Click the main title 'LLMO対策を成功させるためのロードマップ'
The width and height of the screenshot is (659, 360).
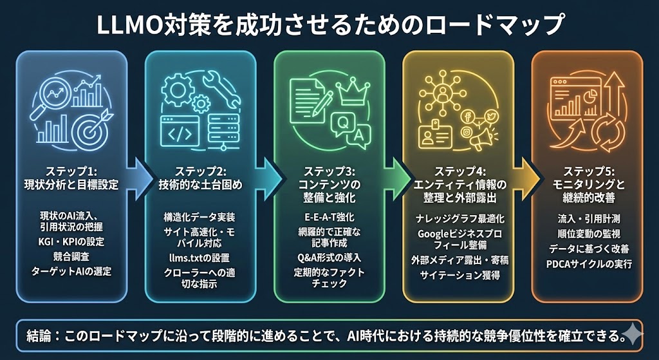pyautogui.click(x=329, y=26)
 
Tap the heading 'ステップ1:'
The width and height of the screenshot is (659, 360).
pyautogui.click(x=71, y=172)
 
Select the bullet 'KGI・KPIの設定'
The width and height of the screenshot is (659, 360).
pyautogui.click(x=71, y=242)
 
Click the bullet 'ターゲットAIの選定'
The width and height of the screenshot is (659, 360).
pyautogui.click(x=71, y=271)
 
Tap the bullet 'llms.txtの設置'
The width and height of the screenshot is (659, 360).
pyautogui.click(x=200, y=257)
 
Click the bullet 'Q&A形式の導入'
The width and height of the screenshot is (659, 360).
pyautogui.click(x=329, y=257)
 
